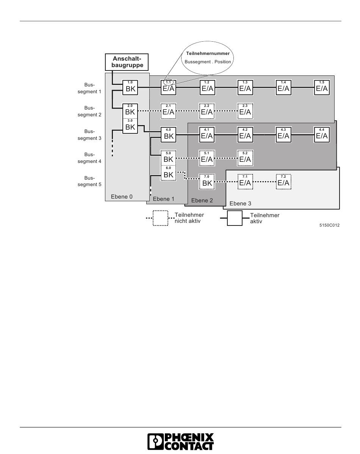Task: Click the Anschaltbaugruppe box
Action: click(127, 62)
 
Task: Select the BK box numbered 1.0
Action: click(130, 88)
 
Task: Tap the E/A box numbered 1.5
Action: click(322, 88)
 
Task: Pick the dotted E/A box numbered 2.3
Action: click(245, 111)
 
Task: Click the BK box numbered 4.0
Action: click(169, 135)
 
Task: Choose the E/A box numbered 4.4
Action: click(322, 135)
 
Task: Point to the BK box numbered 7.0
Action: click(207, 182)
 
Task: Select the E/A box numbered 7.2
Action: click(283, 182)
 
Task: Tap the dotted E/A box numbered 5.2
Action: click(245, 158)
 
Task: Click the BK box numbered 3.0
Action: click(130, 126)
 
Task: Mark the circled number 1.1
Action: click(169, 82)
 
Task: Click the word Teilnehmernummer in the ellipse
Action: click(208, 53)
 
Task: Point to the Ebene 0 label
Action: click(119, 197)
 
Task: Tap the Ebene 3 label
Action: click(240, 204)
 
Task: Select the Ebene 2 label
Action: click(202, 200)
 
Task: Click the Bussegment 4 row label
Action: click(89, 158)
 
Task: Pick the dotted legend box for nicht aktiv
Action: click(161, 218)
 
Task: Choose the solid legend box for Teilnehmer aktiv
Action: click(235, 218)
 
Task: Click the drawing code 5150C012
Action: click(329, 225)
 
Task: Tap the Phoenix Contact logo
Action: click(180, 442)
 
